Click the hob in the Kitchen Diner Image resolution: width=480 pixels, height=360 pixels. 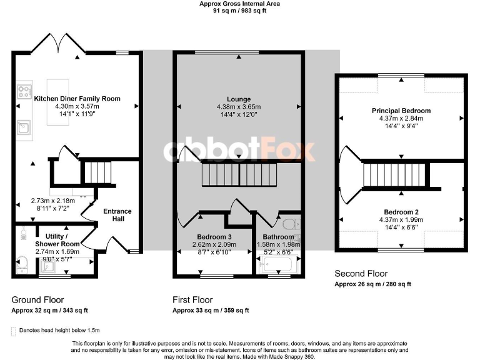click(x=24, y=92)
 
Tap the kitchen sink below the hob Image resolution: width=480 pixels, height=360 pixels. click(x=24, y=127)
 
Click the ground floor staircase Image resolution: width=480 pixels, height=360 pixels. click(x=97, y=171)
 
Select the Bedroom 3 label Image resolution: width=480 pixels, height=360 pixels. click(x=214, y=237)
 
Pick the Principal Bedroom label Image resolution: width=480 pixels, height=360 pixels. click(x=401, y=111)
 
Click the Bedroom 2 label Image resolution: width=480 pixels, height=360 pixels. click(x=401, y=212)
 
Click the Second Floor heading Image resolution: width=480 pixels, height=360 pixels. click(x=361, y=274)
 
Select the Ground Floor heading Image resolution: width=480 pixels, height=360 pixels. click(x=37, y=300)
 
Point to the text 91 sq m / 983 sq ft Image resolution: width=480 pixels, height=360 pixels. click(x=239, y=11)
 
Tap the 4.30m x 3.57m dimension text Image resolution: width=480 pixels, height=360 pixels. click(x=77, y=107)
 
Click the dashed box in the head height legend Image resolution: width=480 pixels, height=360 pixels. click(x=14, y=330)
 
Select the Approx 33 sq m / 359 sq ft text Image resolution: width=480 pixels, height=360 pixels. click(x=210, y=311)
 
